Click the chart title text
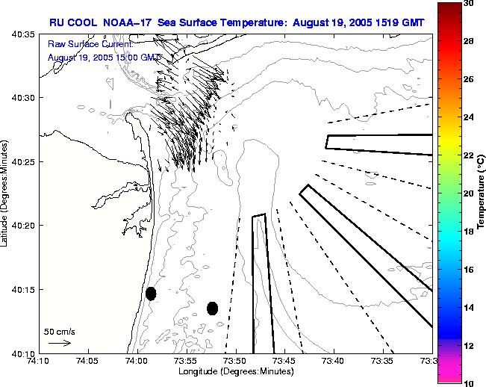pos(237,22)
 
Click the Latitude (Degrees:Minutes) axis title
pos(6,193)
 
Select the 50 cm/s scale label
pos(58,331)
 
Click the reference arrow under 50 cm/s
pos(59,343)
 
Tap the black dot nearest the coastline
pos(151,294)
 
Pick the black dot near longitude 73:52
pos(212,308)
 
